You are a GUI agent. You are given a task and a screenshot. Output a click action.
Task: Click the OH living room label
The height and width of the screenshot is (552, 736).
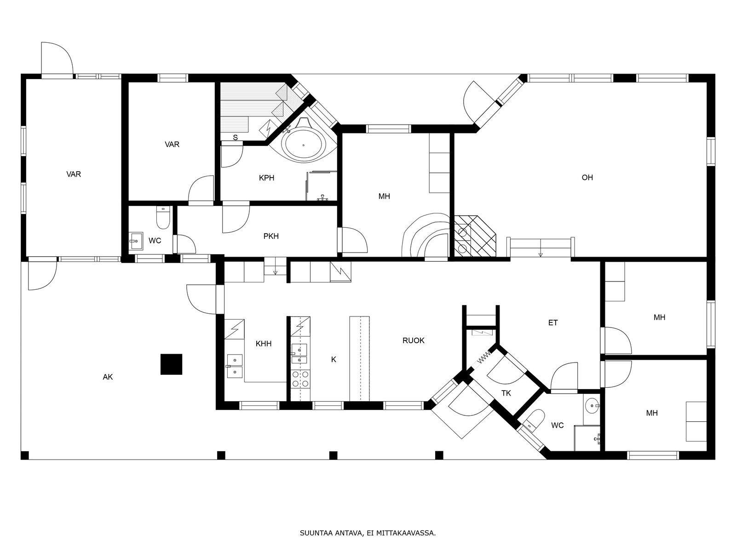pyautogui.click(x=587, y=177)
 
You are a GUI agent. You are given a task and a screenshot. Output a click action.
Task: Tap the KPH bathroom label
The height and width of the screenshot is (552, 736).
pyautogui.click(x=266, y=178)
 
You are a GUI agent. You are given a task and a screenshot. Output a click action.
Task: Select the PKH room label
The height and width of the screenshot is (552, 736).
pyautogui.click(x=271, y=236)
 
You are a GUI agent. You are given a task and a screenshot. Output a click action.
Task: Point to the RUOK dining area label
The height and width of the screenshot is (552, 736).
pyautogui.click(x=414, y=340)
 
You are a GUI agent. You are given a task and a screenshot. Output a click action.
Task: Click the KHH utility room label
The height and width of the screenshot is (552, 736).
pyautogui.click(x=264, y=344)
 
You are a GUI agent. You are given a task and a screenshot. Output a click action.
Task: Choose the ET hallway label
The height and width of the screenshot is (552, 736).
pyautogui.click(x=553, y=323)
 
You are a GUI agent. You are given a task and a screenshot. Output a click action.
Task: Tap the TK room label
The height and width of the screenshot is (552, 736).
pyautogui.click(x=506, y=393)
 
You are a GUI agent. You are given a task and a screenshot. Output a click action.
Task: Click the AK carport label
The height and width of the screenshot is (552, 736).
pyautogui.click(x=108, y=377)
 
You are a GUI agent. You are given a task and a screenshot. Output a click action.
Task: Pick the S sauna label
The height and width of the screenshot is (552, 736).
pyautogui.click(x=236, y=138)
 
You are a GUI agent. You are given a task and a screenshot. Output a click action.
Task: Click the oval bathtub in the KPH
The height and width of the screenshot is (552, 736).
pyautogui.click(x=304, y=145)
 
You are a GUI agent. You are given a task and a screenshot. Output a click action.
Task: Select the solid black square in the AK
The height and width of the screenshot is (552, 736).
pyautogui.click(x=171, y=364)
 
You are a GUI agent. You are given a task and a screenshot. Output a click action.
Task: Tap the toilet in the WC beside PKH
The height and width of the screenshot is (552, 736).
pyautogui.click(x=163, y=217)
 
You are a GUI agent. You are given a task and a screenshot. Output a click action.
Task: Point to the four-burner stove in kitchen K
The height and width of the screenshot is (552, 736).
pyautogui.click(x=300, y=379)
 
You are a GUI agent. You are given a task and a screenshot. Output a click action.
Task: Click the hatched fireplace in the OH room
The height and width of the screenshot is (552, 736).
pyautogui.click(x=475, y=236)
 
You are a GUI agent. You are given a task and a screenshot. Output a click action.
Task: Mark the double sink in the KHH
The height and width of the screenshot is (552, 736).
pyautogui.click(x=235, y=366)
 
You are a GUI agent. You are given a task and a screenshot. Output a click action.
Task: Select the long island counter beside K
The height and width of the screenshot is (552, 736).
pyautogui.click(x=359, y=358)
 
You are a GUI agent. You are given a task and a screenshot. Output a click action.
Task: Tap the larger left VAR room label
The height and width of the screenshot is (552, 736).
pyautogui.click(x=74, y=174)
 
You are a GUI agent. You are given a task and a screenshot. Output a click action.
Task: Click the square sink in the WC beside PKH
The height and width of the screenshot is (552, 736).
pyautogui.click(x=136, y=241)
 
